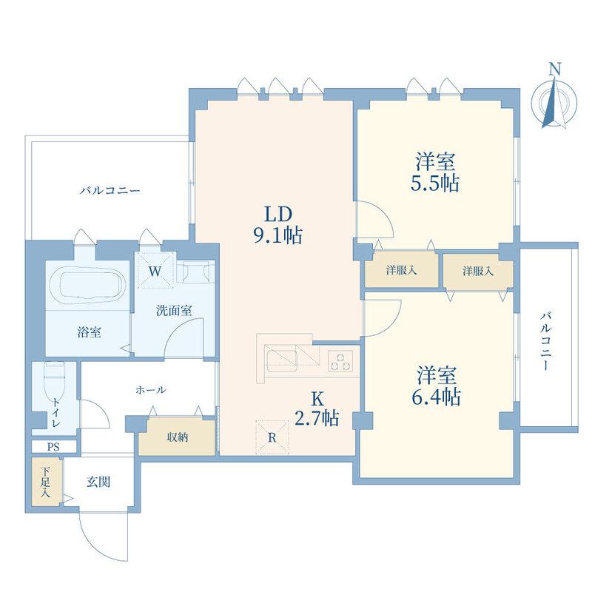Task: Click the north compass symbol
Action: [554, 98]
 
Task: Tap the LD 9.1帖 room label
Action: [278, 226]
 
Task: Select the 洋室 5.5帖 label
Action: [435, 172]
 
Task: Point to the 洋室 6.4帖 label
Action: [437, 386]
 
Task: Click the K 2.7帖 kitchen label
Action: [317, 408]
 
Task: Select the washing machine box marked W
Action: [155, 271]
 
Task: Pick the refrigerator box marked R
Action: [272, 437]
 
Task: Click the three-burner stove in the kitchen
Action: [340, 360]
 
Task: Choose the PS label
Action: [53, 447]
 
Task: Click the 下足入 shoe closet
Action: [46, 482]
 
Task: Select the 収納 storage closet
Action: [177, 437]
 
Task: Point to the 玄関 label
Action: [98, 482]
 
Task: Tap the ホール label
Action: [150, 390]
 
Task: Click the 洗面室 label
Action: [174, 310]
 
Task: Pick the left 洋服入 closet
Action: [401, 270]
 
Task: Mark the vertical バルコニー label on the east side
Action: [545, 340]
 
